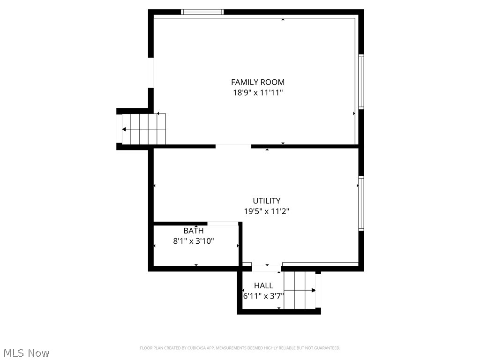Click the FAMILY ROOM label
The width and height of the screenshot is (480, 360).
(257, 82)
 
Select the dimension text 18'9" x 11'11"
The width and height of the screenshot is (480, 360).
(258, 93)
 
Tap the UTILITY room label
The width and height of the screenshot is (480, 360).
(266, 201)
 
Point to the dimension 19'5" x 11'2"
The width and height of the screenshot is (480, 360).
(266, 211)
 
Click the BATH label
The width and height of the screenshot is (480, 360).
(193, 231)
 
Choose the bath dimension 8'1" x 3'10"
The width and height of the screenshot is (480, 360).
(194, 241)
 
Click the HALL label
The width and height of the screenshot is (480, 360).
(263, 285)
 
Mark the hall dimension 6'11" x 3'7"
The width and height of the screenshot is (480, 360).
(263, 296)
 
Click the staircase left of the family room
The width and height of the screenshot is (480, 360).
(143, 129)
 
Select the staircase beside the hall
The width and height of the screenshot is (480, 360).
(300, 290)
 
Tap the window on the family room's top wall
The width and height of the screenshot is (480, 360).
(202, 12)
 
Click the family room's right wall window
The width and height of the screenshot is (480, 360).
(361, 82)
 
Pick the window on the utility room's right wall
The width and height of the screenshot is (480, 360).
(361, 203)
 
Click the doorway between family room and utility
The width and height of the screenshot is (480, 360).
(233, 146)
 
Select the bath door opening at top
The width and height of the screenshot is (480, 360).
(223, 224)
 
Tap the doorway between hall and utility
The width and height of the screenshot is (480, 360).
(266, 269)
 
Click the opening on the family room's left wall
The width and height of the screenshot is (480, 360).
(151, 72)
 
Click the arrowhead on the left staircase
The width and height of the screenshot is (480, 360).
(124, 129)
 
